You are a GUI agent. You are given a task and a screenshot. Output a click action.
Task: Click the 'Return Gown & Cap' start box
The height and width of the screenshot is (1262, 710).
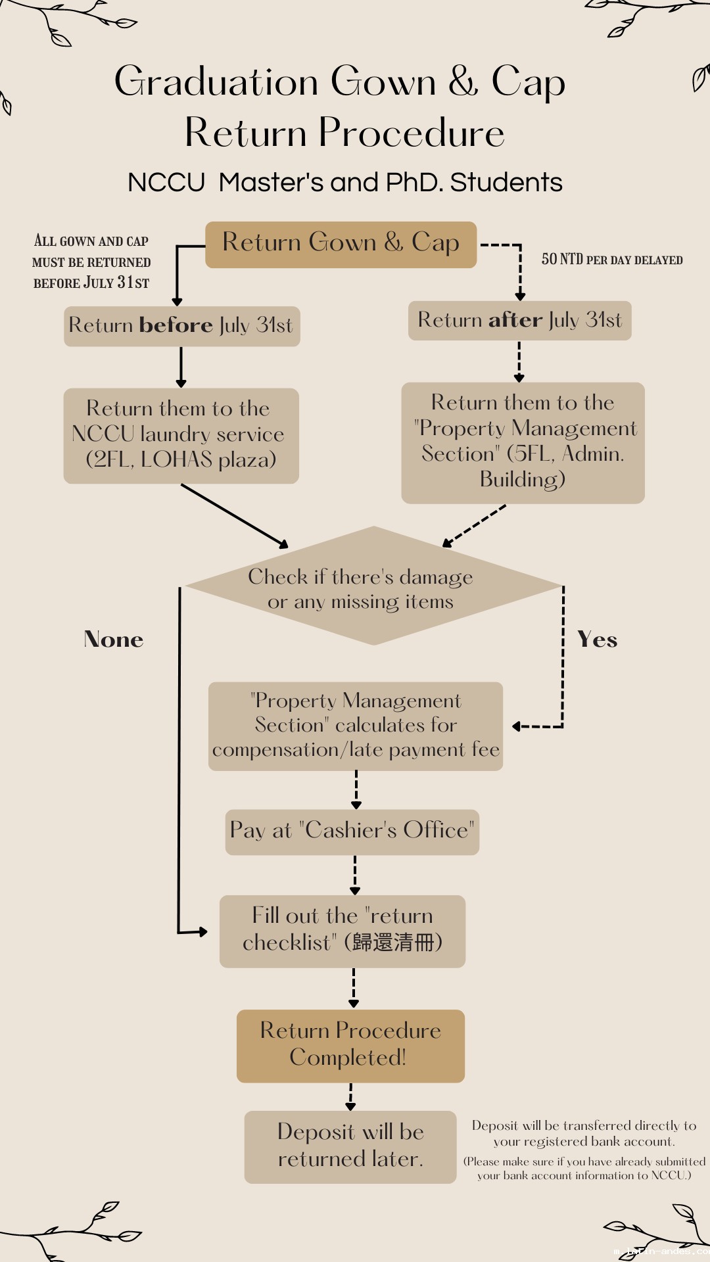(341, 245)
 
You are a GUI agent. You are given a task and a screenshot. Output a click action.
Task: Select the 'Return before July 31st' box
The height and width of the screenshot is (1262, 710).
(181, 326)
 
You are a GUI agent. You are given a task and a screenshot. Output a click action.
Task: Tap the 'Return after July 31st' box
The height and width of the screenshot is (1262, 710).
(519, 321)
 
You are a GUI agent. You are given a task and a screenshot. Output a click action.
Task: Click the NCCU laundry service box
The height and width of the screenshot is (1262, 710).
(181, 436)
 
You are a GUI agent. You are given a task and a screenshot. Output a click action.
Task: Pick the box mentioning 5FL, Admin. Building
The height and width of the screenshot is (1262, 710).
(523, 442)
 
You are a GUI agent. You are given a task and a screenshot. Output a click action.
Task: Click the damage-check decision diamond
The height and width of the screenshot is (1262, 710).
(373, 586)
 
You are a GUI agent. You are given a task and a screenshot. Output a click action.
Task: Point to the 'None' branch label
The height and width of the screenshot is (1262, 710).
(114, 640)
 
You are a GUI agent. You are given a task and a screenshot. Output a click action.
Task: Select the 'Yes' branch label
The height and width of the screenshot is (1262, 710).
(597, 640)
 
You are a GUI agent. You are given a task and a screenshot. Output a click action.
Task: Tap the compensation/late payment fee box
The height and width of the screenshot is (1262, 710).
(356, 726)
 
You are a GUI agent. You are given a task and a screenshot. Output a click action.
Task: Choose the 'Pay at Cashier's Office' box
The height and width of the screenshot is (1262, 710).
(352, 831)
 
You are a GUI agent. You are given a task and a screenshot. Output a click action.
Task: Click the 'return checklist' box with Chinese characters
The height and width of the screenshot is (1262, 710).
(342, 931)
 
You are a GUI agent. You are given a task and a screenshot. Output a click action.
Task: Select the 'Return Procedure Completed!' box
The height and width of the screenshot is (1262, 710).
(350, 1046)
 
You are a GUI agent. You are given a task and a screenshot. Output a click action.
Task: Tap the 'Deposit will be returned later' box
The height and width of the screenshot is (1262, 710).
(350, 1146)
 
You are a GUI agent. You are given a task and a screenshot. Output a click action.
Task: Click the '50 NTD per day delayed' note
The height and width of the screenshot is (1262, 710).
(612, 260)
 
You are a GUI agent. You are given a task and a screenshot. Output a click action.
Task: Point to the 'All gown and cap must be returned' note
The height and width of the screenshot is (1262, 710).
(91, 262)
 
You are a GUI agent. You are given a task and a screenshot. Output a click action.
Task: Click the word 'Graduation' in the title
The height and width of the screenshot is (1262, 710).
(217, 82)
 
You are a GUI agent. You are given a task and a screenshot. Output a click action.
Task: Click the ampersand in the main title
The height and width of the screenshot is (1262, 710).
(463, 82)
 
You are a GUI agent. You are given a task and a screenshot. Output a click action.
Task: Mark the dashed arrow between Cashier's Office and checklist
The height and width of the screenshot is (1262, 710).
(355, 875)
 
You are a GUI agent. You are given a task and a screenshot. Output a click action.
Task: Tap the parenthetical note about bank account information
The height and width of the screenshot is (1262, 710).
(584, 1169)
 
